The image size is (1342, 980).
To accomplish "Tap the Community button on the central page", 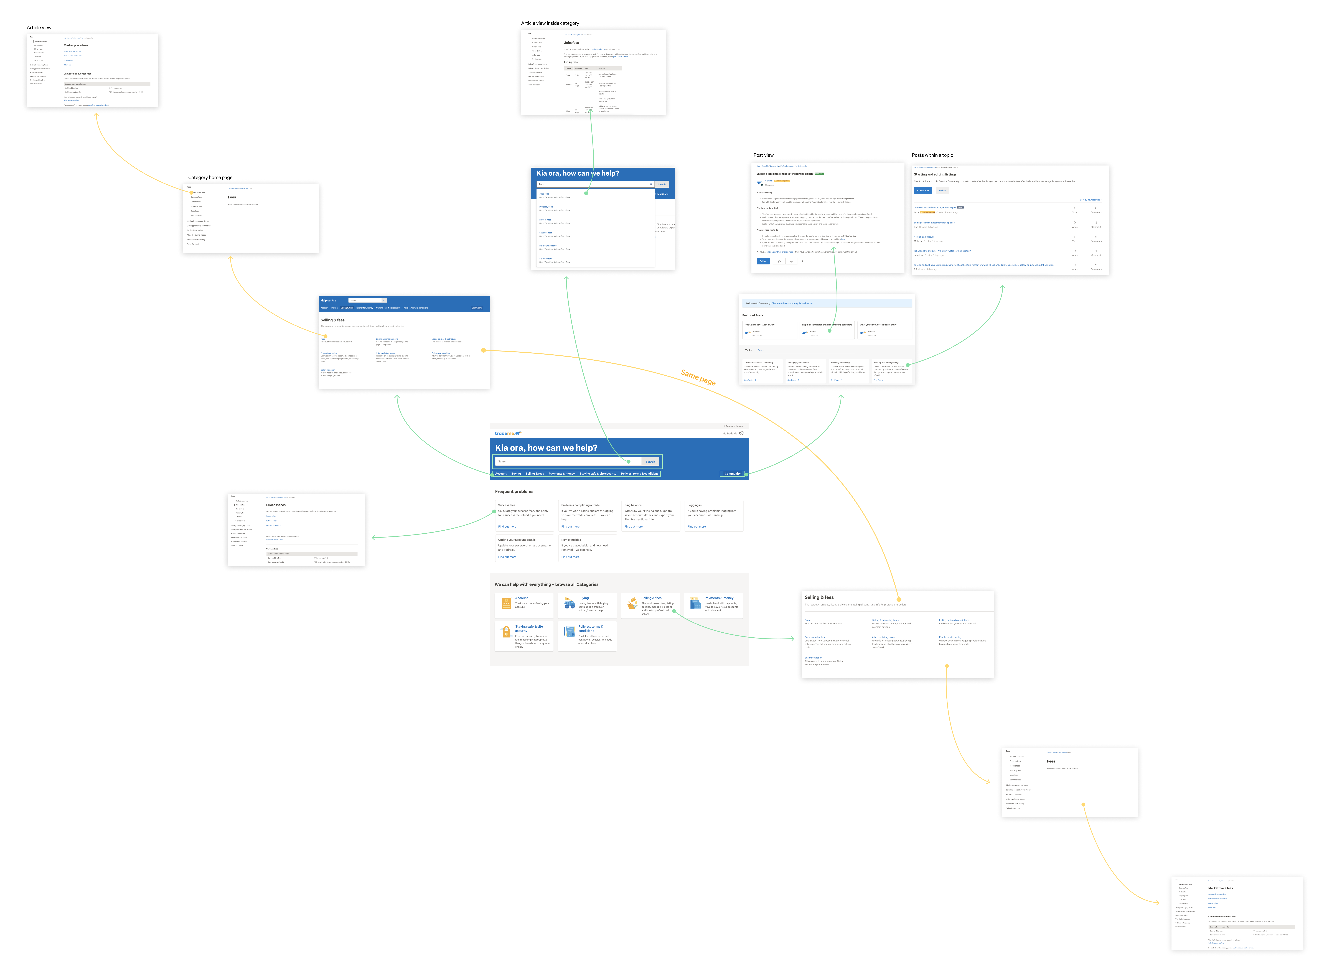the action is (x=733, y=473).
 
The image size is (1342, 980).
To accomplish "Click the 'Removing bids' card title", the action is (x=571, y=540).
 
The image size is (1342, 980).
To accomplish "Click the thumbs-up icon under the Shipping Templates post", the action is (x=779, y=261).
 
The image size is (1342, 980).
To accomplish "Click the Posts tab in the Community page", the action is (x=761, y=350).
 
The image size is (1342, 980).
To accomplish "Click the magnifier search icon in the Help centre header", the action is (x=384, y=300).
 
